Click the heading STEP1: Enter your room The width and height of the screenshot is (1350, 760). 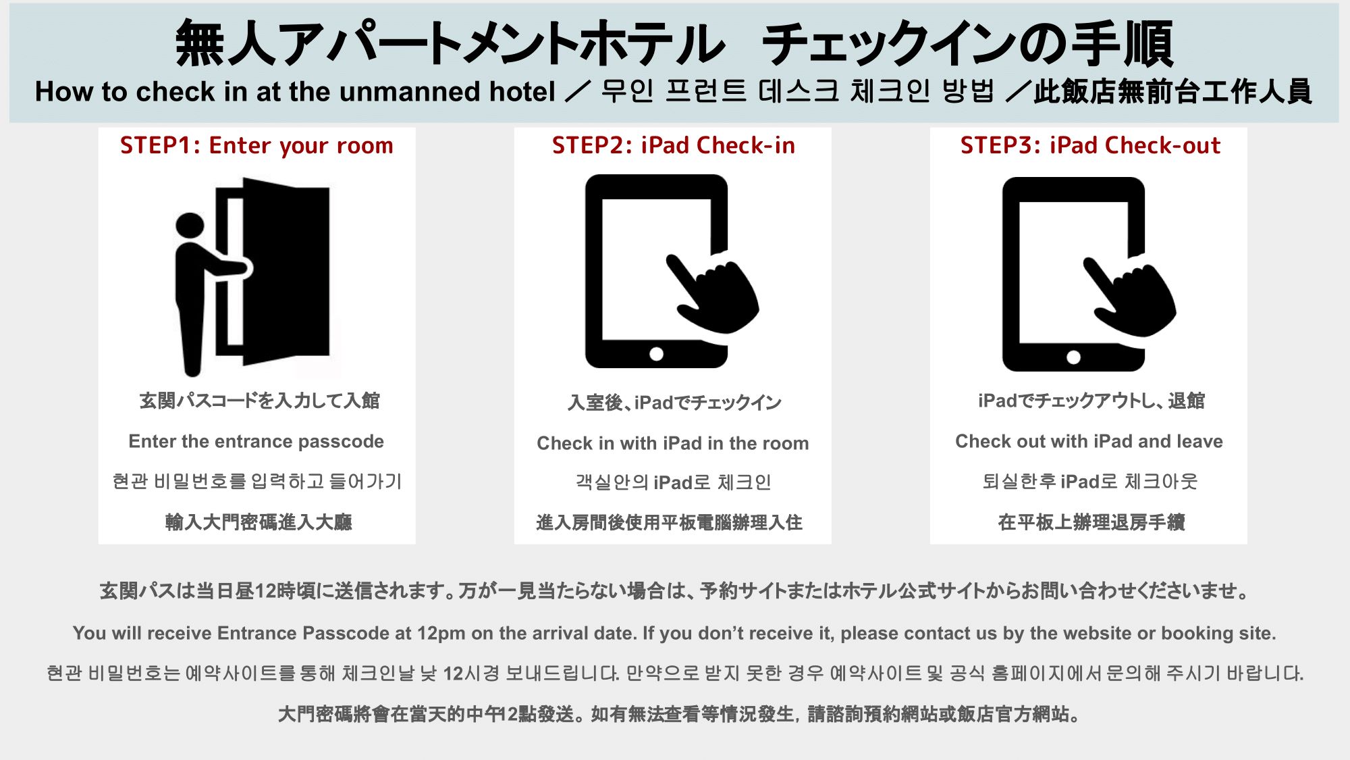(x=256, y=146)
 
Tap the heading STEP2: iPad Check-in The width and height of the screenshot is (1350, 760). (x=673, y=146)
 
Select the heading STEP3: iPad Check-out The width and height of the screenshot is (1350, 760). (x=1089, y=146)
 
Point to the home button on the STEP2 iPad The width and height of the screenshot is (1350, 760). (x=656, y=354)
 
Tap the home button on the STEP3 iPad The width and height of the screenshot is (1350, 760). (x=1073, y=357)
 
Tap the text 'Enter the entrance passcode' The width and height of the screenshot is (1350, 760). (x=256, y=442)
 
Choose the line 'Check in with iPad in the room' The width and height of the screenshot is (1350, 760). (x=672, y=444)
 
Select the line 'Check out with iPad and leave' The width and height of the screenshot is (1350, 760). (x=1089, y=442)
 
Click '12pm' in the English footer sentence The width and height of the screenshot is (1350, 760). (x=441, y=634)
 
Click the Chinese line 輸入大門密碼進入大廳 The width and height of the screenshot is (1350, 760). (x=259, y=522)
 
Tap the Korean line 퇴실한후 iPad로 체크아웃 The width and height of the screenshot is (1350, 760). (x=1089, y=482)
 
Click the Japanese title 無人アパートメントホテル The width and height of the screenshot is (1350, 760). (x=449, y=44)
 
